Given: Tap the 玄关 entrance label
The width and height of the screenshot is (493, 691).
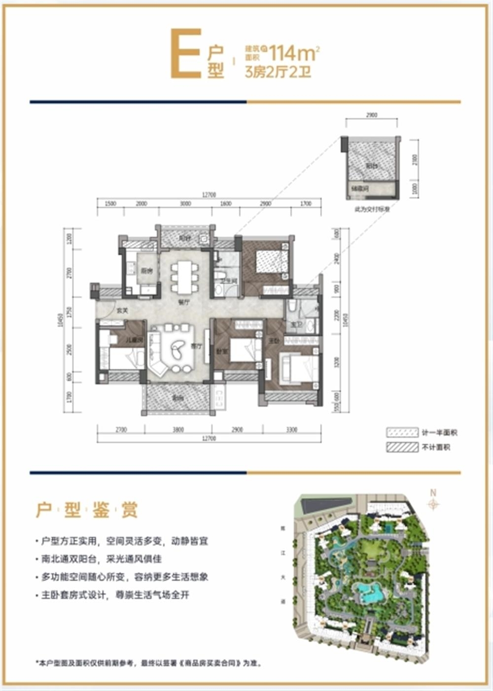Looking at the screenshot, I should pos(122,311).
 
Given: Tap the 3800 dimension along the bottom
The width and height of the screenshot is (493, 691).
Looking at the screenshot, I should pos(178,430).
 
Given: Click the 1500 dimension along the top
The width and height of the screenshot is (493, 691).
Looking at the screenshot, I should pos(110,203).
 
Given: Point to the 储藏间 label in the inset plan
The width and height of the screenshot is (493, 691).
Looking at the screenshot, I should pos(357,188).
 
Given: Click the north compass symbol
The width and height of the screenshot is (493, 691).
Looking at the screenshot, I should pos(433,503).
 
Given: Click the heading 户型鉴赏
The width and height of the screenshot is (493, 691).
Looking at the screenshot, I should pos(87,510).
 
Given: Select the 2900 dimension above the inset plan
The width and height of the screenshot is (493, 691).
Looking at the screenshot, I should pos(372,115).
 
